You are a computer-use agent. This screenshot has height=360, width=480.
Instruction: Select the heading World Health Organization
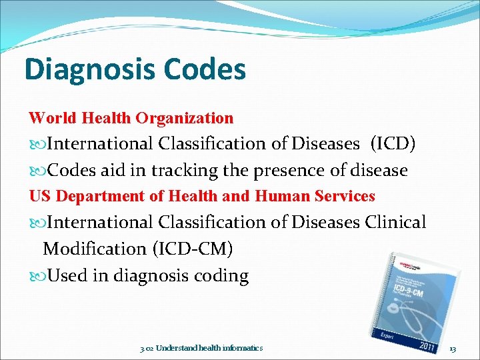131,118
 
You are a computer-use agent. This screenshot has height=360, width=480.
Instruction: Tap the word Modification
95,249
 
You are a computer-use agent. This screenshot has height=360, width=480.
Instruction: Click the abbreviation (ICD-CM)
193,249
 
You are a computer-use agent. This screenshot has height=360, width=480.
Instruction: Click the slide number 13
453,348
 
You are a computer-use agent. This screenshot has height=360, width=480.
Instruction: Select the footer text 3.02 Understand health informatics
201,348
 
